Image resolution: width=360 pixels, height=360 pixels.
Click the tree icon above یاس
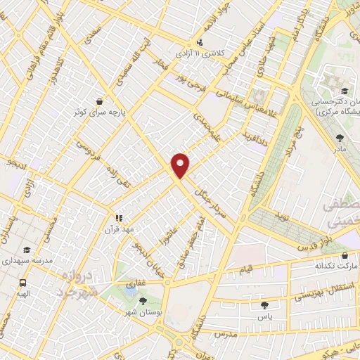(264, 305)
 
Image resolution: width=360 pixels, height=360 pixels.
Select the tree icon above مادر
(341, 138)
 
